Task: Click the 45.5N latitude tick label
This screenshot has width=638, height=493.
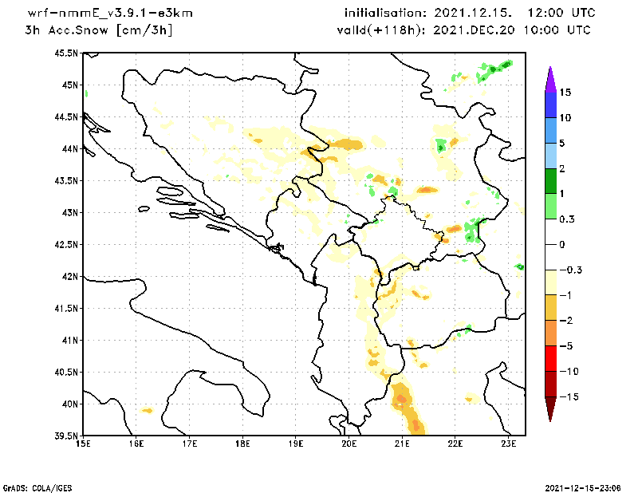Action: pos(66,53)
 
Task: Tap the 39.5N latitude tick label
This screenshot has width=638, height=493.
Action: pos(66,436)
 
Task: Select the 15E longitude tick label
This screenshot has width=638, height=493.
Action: pos(82,444)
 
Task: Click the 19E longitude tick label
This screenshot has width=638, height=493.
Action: pos(296,444)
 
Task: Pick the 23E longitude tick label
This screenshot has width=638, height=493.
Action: pos(510,444)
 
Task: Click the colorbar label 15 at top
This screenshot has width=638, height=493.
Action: pos(565,93)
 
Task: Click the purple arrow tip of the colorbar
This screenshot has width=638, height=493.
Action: pos(550,77)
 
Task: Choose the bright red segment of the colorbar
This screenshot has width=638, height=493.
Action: pos(550,358)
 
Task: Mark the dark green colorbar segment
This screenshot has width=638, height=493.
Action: pos(550,181)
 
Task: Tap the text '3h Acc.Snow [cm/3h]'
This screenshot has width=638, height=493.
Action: pos(99,30)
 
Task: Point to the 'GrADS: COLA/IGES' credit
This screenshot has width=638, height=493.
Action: pos(33,487)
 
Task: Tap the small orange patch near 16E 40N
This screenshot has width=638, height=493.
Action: pos(147,410)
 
